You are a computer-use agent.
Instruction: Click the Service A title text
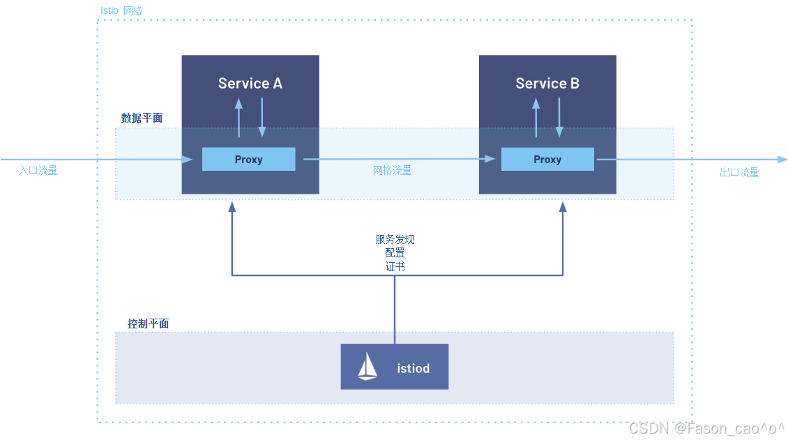tap(250, 84)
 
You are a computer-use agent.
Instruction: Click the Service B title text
tap(547, 84)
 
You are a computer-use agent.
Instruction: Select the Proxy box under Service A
tap(249, 159)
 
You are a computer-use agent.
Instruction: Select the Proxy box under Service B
tap(547, 159)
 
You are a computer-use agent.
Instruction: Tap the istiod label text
tap(413, 369)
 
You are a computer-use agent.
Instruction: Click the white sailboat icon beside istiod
tap(368, 366)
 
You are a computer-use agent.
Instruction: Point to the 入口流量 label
tap(38, 171)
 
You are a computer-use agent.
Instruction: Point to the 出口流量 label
tap(739, 173)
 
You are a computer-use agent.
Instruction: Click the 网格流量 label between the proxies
tap(392, 171)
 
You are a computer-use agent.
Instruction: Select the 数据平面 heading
tap(142, 118)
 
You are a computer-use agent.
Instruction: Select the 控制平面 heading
tap(149, 323)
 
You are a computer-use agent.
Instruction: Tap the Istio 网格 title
tap(121, 10)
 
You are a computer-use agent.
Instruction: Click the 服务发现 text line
tap(395, 239)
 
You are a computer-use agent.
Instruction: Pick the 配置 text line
tap(395, 252)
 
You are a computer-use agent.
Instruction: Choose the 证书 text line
tap(395, 267)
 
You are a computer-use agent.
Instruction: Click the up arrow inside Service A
tap(238, 118)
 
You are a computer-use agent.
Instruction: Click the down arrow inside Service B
tap(559, 118)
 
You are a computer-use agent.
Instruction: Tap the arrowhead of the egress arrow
tap(782, 159)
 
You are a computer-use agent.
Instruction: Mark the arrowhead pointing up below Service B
tap(563, 206)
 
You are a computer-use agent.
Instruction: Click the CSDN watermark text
tap(706, 429)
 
